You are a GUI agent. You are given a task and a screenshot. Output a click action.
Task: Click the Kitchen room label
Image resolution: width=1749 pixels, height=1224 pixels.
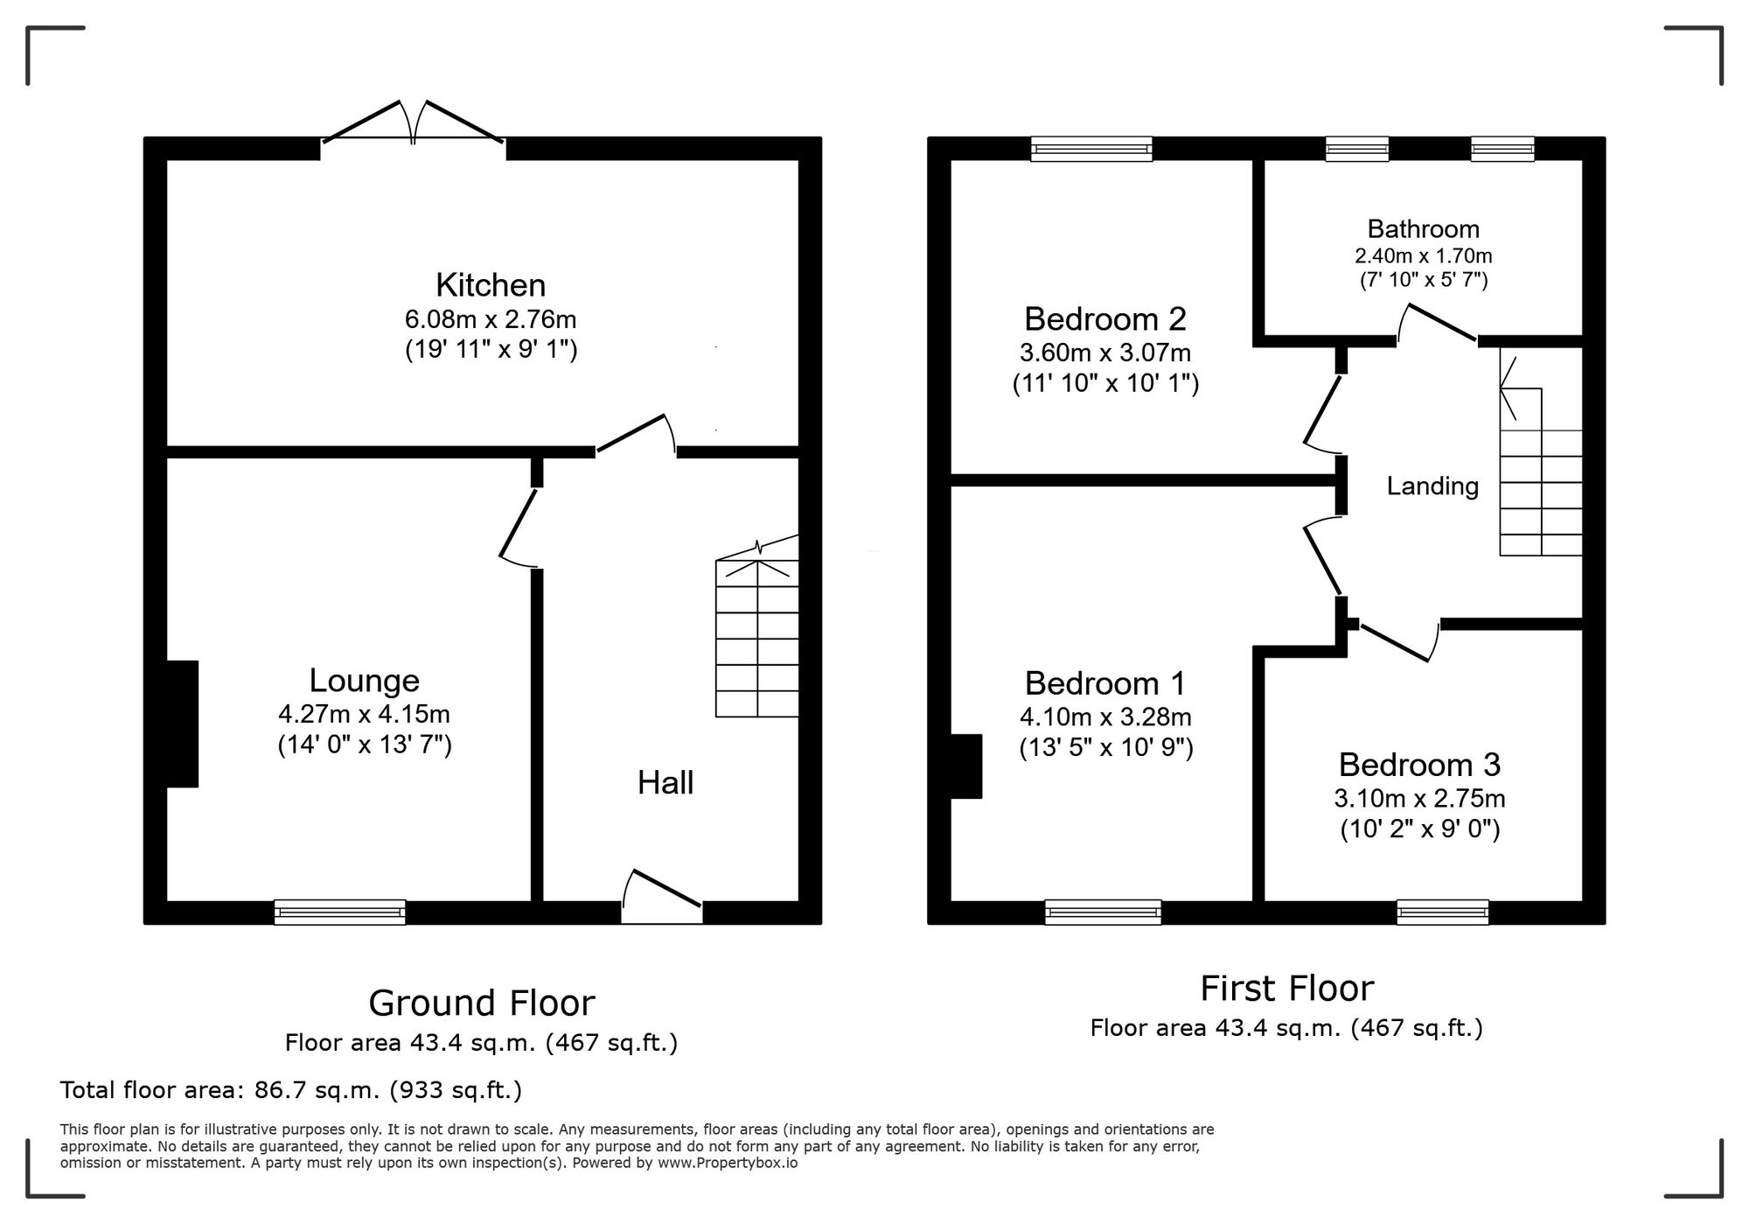[x=491, y=285]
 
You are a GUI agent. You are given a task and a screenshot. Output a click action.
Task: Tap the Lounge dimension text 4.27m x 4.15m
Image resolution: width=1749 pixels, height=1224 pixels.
[x=364, y=714]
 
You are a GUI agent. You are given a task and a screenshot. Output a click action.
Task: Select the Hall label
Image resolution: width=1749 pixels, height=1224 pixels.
[x=665, y=783]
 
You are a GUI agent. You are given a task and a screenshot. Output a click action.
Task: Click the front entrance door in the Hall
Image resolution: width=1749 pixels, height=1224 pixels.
[x=662, y=901]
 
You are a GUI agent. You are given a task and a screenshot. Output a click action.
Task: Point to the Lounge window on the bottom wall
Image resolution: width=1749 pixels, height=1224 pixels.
[x=339, y=913]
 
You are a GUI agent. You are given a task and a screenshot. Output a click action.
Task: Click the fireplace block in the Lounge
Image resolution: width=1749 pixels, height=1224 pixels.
[x=182, y=724]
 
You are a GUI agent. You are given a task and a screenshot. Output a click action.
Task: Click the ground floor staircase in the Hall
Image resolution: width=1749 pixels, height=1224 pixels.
[x=757, y=639]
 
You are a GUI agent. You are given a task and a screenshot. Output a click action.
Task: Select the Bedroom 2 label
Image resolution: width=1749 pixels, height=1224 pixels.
[x=1104, y=319]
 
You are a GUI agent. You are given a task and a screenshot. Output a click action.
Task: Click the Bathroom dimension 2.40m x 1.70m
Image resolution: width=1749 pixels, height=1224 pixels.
[x=1423, y=256]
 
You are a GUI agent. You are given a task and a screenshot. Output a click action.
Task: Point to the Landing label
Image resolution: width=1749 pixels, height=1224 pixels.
[x=1432, y=486]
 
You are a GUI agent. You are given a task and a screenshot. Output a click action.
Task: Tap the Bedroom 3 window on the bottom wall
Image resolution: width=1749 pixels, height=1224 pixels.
[x=1442, y=913]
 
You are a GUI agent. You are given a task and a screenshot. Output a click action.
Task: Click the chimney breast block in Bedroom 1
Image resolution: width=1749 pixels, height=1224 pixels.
[x=965, y=766]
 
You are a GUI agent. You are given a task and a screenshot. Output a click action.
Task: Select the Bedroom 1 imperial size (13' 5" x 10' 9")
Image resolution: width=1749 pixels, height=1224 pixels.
[x=1105, y=748]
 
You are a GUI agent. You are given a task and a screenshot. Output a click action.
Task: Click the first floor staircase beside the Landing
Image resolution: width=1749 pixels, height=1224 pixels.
[x=1541, y=490]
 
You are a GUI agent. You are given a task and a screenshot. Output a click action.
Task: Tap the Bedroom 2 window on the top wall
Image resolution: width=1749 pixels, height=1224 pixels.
[x=1091, y=150]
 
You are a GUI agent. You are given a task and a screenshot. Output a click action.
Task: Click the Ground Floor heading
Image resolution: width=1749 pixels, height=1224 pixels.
[x=481, y=1004]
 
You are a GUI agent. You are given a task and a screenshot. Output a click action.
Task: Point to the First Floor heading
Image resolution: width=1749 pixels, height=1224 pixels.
[x=1286, y=989]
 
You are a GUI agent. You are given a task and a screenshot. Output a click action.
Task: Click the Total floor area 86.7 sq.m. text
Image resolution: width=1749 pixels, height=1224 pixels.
[x=290, y=1090]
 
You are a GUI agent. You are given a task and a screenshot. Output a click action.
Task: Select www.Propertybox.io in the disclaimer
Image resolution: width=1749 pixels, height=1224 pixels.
[x=728, y=1164]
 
